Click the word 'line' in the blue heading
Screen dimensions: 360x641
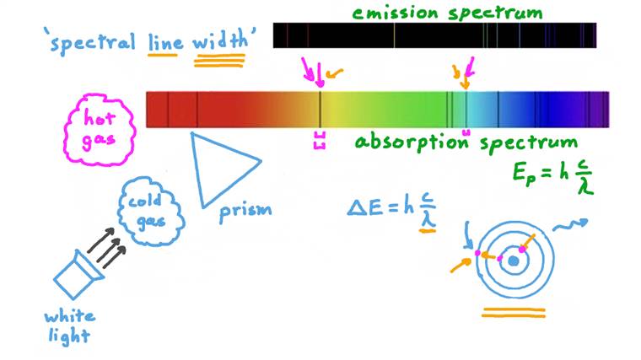(x=164, y=39)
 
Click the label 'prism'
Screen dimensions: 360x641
(x=245, y=210)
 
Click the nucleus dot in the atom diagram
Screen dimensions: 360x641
(x=512, y=261)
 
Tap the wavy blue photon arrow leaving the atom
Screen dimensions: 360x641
(x=571, y=225)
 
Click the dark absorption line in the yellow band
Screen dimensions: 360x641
(x=320, y=109)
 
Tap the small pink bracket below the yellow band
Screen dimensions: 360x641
(x=319, y=140)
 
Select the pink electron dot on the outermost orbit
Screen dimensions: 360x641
(x=477, y=253)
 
